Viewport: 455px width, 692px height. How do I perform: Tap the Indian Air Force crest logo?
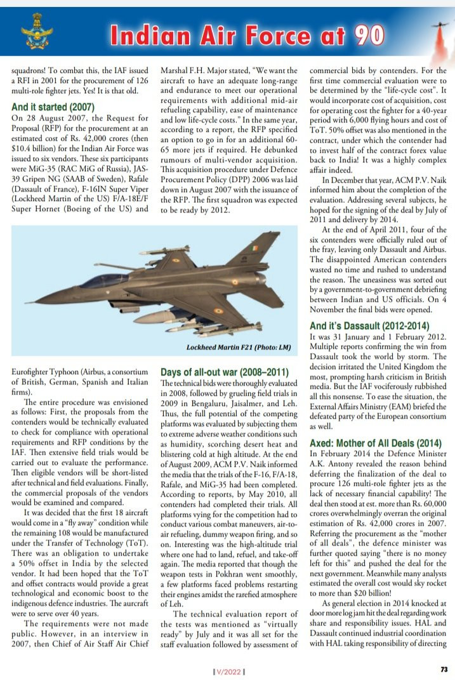coord(33,33)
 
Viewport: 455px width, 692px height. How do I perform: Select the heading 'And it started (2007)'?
coord(53,107)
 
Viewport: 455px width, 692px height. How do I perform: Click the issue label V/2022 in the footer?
coord(228,671)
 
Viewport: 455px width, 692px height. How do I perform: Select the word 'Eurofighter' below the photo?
coord(34,370)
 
